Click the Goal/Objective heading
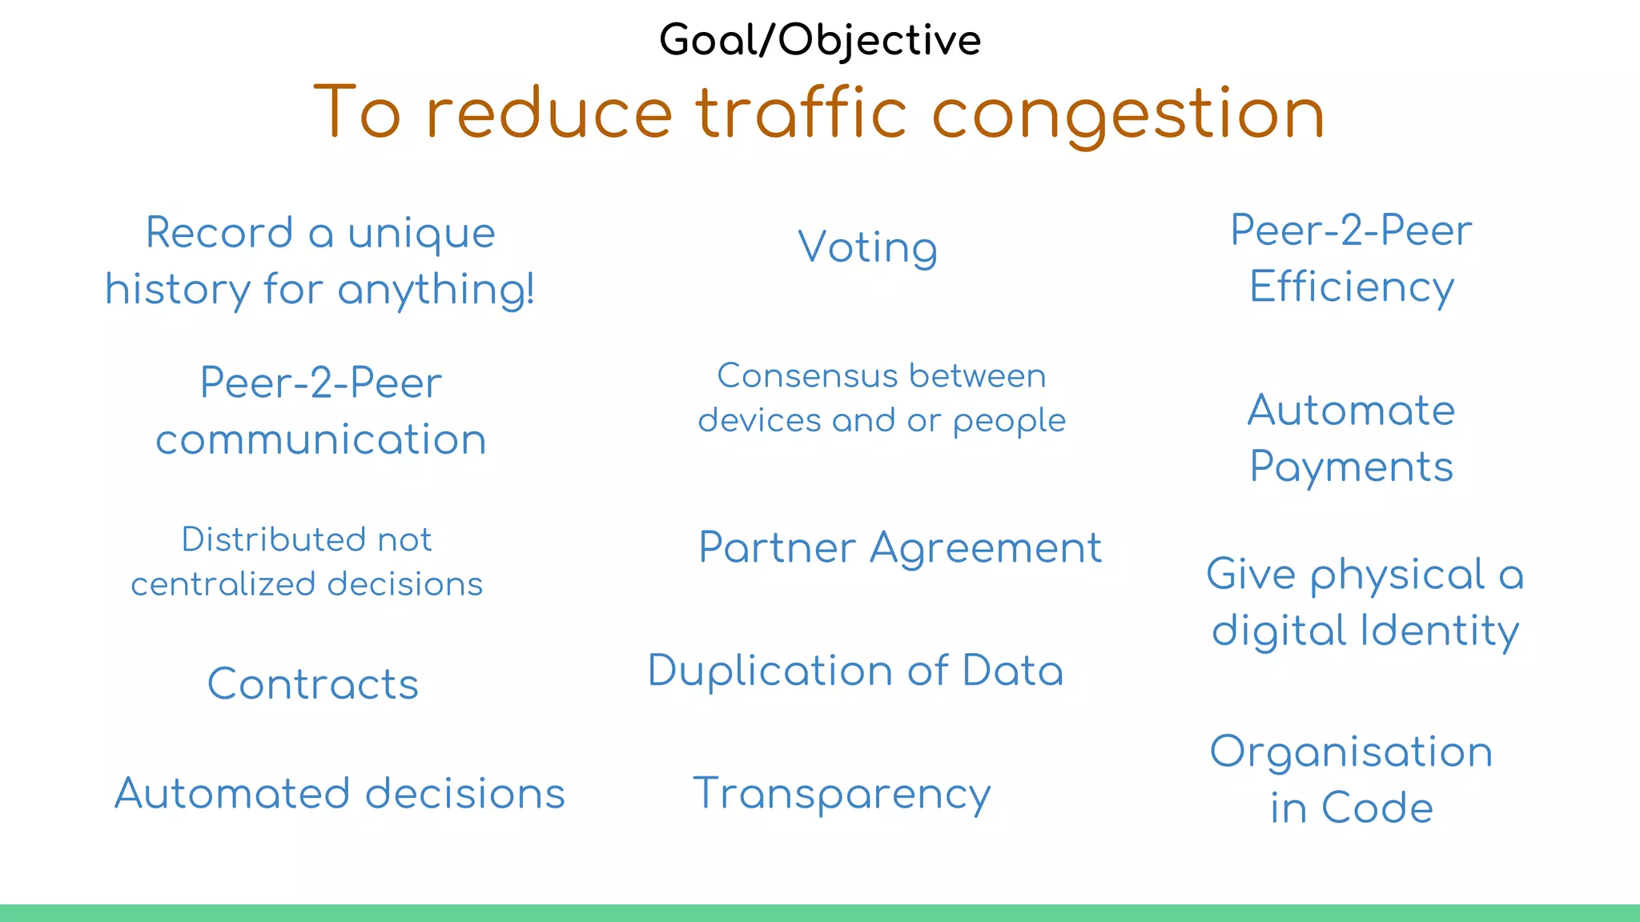(x=819, y=40)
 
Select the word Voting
(x=867, y=247)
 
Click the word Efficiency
(x=1351, y=287)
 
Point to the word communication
(x=320, y=440)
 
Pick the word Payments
(x=1351, y=467)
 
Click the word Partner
(x=778, y=549)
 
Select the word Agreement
(x=986, y=549)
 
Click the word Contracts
(x=312, y=685)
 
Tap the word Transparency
(x=841, y=795)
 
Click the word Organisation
(x=1351, y=753)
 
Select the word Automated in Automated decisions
(x=232, y=794)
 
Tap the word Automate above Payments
(x=1351, y=411)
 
